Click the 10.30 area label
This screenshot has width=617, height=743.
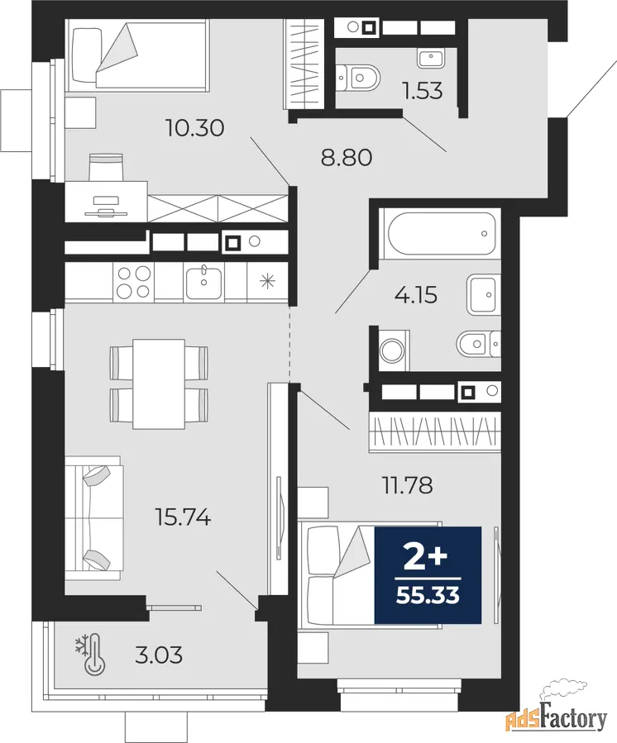[194, 128]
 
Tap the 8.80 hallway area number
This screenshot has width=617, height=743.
[347, 157]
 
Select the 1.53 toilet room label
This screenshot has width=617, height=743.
[423, 90]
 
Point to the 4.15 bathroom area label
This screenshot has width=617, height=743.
[416, 295]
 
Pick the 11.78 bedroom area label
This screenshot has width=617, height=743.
[408, 485]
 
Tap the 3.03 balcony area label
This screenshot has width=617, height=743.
[159, 656]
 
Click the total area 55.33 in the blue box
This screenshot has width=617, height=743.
[428, 595]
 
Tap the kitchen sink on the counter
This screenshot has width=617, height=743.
[203, 283]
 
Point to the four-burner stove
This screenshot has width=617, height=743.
[134, 282]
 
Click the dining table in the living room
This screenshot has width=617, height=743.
[159, 383]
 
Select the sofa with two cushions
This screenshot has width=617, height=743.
[94, 518]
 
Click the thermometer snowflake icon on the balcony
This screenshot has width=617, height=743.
[90, 654]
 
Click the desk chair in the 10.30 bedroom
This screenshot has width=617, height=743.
[106, 167]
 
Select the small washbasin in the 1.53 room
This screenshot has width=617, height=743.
[431, 57]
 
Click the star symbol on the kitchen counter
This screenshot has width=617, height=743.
[267, 282]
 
